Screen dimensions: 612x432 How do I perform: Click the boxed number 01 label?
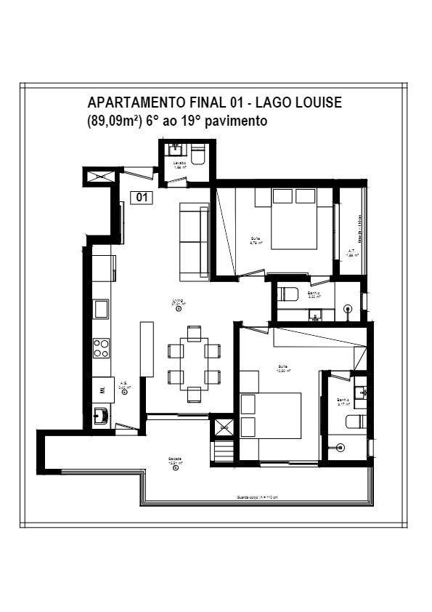click(142, 196)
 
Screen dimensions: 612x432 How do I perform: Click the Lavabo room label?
click(179, 164)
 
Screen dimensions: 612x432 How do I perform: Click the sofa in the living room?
click(193, 241)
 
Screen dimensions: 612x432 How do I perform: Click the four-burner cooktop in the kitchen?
click(102, 348)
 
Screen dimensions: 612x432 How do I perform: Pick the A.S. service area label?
click(124, 385)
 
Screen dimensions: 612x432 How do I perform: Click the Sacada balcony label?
click(175, 460)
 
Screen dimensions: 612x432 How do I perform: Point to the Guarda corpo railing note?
click(258, 498)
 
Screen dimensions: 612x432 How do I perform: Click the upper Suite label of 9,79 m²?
click(256, 241)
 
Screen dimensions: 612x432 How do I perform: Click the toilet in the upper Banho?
click(288, 294)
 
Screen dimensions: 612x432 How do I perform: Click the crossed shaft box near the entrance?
click(99, 174)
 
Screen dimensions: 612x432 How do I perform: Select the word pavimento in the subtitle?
click(237, 121)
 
